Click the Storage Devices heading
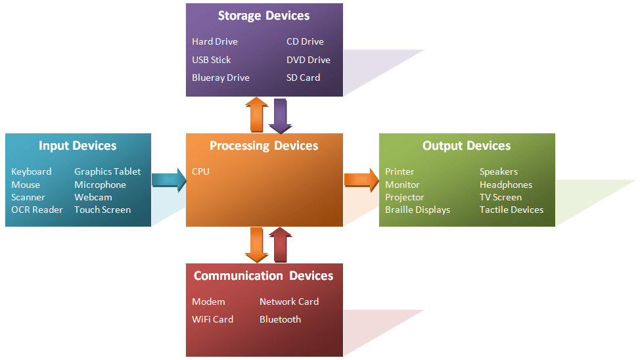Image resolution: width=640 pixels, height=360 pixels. [x=263, y=16]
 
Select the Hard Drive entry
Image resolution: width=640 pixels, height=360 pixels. [x=215, y=41]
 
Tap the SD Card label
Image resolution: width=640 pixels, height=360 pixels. [x=303, y=78]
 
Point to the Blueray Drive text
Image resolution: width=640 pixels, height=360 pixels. [x=221, y=78]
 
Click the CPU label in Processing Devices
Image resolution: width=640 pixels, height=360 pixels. [x=200, y=171]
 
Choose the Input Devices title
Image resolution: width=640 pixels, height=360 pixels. [x=78, y=146]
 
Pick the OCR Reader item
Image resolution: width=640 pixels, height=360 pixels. [x=37, y=210]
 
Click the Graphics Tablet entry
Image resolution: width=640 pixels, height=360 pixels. [x=107, y=171]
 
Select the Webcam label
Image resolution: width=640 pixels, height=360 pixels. [x=93, y=197]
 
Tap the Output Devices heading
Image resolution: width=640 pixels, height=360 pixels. [x=467, y=146]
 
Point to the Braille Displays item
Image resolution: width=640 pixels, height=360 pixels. [x=417, y=210]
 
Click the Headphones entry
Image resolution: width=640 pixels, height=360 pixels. [x=505, y=185]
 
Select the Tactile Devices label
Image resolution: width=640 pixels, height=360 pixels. [x=511, y=210]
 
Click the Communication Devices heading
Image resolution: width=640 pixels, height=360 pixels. [x=263, y=276]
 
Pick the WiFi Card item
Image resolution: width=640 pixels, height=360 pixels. [x=212, y=319]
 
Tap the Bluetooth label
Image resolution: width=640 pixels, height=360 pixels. [x=280, y=319]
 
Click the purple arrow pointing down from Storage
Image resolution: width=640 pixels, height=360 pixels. [x=280, y=116]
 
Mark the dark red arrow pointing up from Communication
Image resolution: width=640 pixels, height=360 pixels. [x=280, y=245]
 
